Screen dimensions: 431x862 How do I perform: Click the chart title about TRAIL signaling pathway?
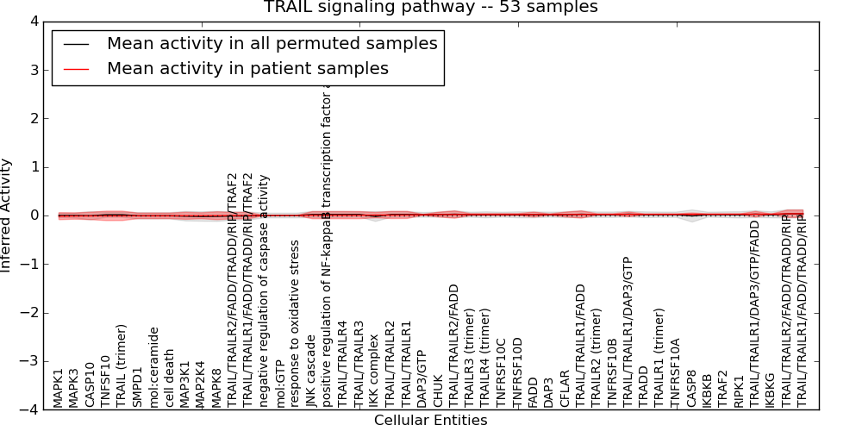[x=430, y=8]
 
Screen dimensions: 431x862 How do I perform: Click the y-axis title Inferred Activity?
[x=7, y=215]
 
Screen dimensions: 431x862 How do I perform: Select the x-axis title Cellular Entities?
[x=430, y=421]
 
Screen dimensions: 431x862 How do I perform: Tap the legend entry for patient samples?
[x=247, y=68]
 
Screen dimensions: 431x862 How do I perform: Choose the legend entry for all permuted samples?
[x=272, y=43]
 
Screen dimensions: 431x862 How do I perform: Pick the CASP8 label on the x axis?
[x=691, y=388]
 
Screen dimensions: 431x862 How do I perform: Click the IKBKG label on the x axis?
[x=770, y=388]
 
